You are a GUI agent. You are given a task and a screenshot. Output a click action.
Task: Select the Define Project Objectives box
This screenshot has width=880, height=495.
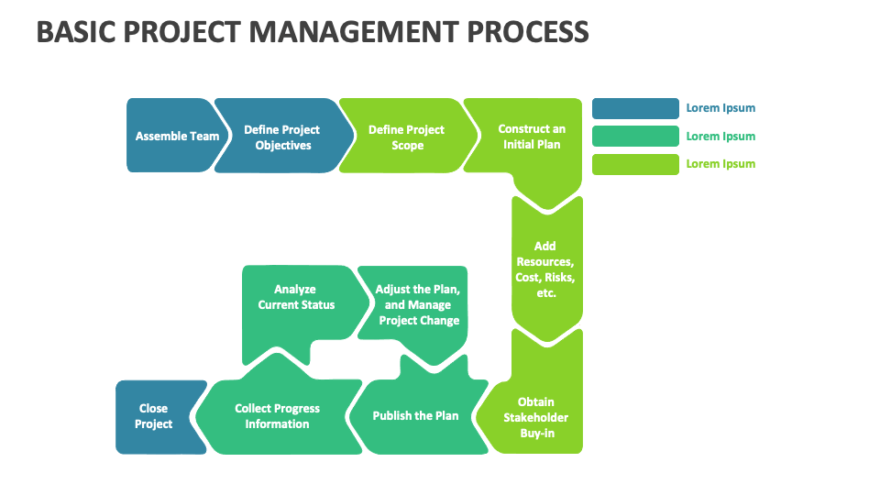click(282, 137)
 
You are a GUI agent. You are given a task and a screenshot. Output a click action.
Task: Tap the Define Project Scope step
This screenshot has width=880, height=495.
click(406, 137)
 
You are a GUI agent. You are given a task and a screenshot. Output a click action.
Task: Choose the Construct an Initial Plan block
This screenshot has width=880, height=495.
click(531, 137)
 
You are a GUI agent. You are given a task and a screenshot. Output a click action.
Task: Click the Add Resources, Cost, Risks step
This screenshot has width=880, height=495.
click(545, 269)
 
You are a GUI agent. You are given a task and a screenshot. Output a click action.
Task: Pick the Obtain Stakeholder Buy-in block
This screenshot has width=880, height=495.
click(536, 417)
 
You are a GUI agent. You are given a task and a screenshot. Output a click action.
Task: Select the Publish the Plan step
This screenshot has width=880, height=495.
click(415, 416)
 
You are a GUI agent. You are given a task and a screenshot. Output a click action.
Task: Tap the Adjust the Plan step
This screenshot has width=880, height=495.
click(417, 305)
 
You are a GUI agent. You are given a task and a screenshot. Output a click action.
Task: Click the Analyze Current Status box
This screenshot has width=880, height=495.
click(296, 298)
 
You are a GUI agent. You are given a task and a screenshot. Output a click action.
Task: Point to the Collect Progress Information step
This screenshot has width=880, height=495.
click(277, 416)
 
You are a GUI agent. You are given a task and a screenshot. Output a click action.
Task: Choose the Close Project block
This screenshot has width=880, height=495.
click(154, 416)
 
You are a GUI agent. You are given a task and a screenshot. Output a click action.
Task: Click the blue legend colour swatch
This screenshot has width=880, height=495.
click(633, 108)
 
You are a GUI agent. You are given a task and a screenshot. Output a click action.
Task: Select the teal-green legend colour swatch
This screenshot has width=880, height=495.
click(633, 137)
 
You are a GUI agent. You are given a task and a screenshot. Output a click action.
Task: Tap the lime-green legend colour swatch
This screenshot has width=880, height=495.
click(633, 164)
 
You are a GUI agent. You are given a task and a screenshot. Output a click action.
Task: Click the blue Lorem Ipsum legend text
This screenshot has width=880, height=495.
click(720, 108)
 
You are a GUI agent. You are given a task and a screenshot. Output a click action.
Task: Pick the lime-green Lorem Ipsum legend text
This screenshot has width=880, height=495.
click(720, 164)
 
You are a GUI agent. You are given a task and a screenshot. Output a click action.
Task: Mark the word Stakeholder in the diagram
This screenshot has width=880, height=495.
click(536, 418)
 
